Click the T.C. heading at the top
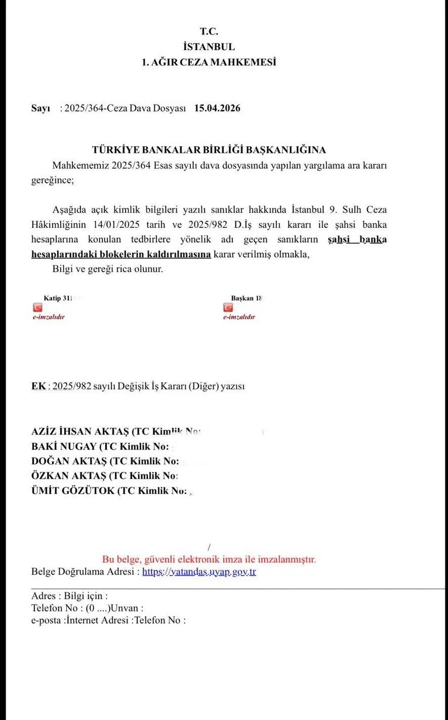tap(209, 31)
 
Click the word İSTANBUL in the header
tap(209, 47)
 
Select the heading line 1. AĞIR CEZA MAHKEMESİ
tap(209, 62)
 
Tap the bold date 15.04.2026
tap(217, 108)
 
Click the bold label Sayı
tap(40, 108)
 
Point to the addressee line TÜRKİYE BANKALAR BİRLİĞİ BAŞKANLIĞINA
tap(209, 150)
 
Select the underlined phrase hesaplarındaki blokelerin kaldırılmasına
tap(121, 254)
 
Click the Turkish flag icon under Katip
tap(37, 307)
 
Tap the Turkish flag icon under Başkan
tap(228, 307)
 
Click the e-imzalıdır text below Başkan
tap(239, 317)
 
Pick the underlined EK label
tap(38, 386)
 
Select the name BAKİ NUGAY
tap(63, 447)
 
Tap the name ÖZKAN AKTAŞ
tap(68, 476)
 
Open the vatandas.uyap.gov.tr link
tap(199, 572)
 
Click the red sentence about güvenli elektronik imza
tap(209, 559)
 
